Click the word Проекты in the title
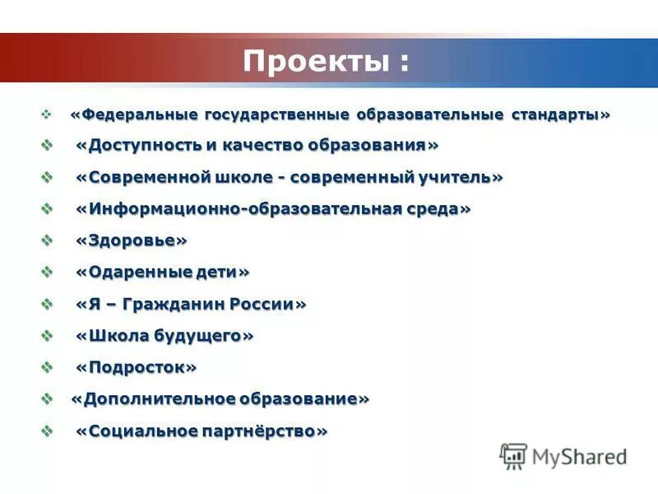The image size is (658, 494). point(310,61)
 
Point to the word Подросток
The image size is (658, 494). point(137,367)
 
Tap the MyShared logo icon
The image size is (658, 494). point(513,456)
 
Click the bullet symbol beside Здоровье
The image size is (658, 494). point(48,240)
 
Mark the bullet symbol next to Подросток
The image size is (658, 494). point(48,367)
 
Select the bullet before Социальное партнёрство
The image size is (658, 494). point(48,431)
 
